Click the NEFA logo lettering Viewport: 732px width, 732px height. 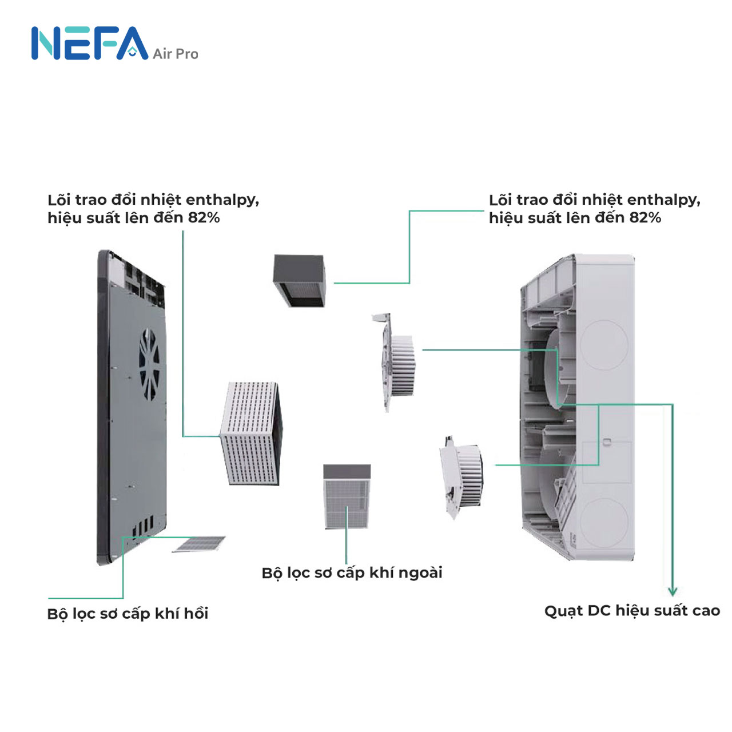pos(90,43)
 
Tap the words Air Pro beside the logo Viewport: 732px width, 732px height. pos(175,54)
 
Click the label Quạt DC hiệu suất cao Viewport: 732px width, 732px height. pos(632,611)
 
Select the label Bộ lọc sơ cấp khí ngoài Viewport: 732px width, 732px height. pos(352,573)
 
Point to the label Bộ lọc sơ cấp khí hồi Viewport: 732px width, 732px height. pos(128,614)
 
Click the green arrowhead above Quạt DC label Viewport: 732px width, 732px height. pos(673,591)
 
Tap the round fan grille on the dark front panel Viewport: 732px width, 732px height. pos(149,364)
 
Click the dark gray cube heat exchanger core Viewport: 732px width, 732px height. pos(299,281)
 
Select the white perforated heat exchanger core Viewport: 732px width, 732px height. pos(252,433)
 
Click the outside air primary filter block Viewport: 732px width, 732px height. pos(347,496)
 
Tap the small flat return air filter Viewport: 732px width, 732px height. pos(198,544)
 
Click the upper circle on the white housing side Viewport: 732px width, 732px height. pos(603,345)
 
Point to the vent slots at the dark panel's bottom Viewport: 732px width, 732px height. pos(143,526)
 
